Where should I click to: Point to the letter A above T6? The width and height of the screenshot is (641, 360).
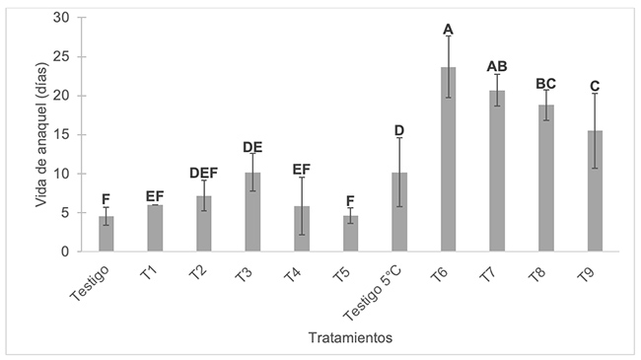(x=449, y=30)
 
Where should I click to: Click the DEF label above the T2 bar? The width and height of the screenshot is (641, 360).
(x=204, y=174)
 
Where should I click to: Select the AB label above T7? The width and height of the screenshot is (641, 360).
(x=497, y=67)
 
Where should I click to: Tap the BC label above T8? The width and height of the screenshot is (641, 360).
(x=545, y=84)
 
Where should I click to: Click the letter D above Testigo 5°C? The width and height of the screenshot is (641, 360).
(x=399, y=130)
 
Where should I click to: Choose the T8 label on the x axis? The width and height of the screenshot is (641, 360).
(x=538, y=273)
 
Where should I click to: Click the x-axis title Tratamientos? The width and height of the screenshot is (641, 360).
(x=351, y=337)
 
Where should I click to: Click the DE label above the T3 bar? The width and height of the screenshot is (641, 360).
(x=253, y=148)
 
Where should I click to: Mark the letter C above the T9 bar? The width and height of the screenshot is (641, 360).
(x=595, y=86)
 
